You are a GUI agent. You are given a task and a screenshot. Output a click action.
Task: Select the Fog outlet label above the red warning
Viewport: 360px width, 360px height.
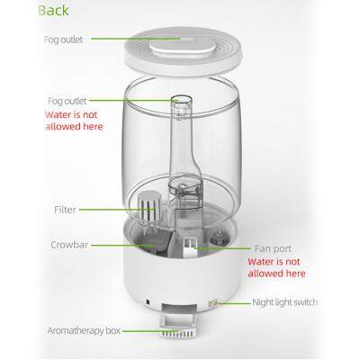[x=69, y=103]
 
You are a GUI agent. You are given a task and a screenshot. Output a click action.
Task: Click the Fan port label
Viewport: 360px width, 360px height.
[x=267, y=243]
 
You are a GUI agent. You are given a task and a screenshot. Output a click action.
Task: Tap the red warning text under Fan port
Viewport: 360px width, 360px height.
[x=276, y=265]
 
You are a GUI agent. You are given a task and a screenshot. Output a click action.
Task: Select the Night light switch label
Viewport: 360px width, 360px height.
[x=292, y=303]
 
